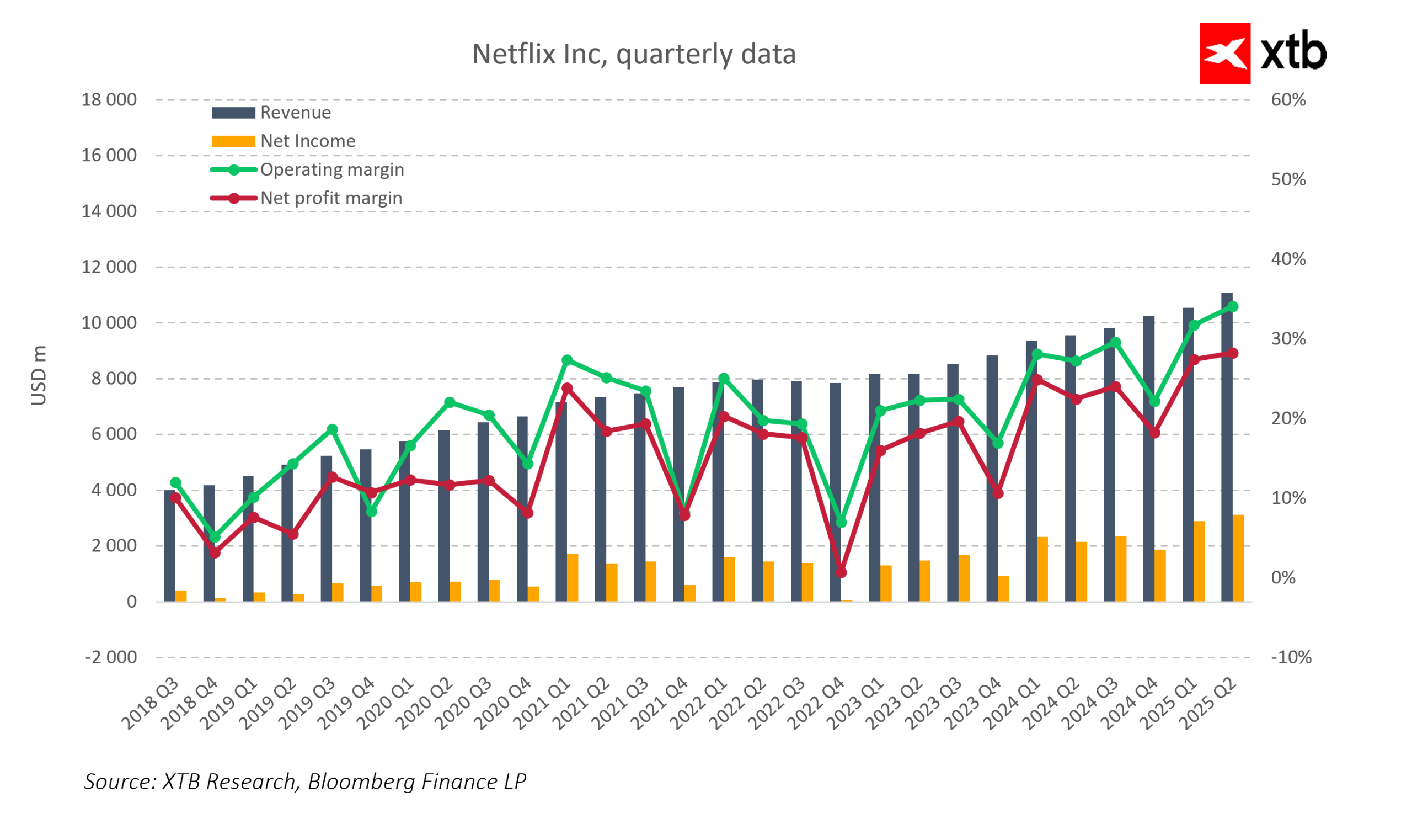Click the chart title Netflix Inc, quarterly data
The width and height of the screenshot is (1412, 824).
coord(633,55)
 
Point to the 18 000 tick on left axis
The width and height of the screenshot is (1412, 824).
coord(109,100)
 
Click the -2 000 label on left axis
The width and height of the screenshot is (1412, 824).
coord(111,657)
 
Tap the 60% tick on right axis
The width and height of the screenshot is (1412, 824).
coord(1287,100)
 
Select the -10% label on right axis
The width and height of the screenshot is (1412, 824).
coord(1291,657)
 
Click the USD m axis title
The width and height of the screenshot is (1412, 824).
coord(38,375)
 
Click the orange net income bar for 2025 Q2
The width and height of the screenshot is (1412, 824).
coord(1238,558)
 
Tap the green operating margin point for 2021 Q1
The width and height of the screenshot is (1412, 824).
coord(567,360)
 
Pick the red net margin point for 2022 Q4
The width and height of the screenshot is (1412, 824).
coord(841,573)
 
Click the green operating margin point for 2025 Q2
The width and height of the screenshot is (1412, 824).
coord(1233,307)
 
